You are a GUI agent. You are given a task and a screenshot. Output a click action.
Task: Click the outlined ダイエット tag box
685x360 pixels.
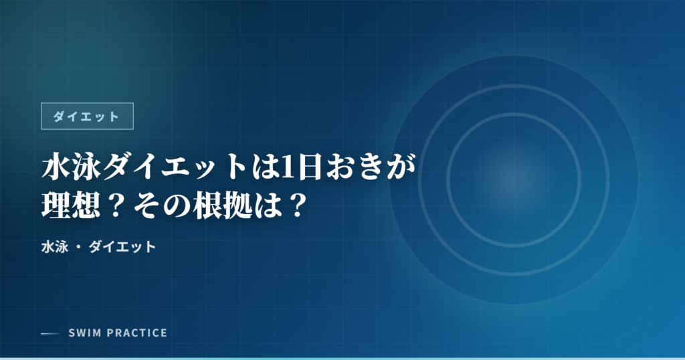87,116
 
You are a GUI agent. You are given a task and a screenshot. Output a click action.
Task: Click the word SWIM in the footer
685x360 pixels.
83,333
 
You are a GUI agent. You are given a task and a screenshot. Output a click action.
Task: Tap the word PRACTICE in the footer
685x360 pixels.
134,333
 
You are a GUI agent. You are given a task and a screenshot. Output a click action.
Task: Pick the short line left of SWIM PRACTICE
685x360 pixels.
51,333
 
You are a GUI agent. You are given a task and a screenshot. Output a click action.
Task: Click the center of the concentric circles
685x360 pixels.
514,179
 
